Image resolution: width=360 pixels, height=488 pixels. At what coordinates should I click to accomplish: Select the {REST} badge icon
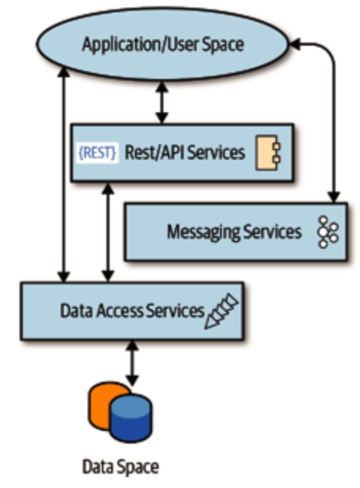point(98,153)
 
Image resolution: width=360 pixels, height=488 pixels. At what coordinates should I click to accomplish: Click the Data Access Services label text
point(132,311)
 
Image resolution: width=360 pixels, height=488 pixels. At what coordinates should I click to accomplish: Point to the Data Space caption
point(120,467)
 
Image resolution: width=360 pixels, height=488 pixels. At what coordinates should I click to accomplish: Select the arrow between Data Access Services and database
point(131,362)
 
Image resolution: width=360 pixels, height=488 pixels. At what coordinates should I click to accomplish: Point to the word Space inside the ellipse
point(221,44)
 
